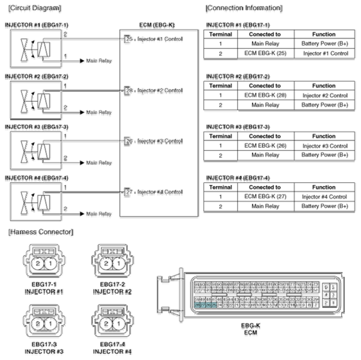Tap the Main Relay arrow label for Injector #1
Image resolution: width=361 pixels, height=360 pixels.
[98, 61]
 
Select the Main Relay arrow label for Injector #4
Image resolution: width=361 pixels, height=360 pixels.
[98, 214]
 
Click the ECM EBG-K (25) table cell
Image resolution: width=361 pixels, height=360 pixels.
[265, 53]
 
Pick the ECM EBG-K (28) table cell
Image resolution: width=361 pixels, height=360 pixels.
[265, 95]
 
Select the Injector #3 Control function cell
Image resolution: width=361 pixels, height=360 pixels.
[324, 146]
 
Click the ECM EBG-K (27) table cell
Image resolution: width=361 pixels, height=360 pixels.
[265, 197]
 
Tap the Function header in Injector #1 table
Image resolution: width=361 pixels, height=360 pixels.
[324, 34]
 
